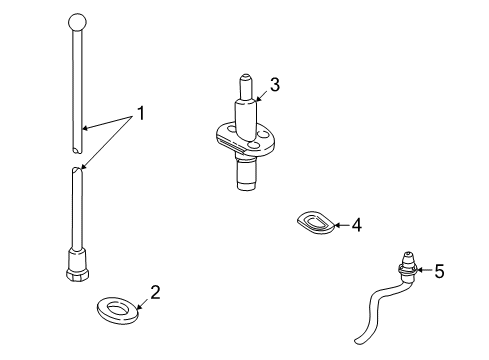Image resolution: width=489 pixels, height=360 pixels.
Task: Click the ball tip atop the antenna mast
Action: coord(77,23)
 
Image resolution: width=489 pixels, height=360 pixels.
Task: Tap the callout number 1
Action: coord(141,113)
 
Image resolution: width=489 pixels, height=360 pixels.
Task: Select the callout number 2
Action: coord(155,292)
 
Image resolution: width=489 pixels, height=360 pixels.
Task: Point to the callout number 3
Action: coord(275,85)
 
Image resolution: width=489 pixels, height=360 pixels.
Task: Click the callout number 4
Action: coord(357,225)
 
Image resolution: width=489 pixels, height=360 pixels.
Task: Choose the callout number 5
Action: coord(440,271)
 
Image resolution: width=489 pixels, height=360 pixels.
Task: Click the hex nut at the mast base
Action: coord(78,275)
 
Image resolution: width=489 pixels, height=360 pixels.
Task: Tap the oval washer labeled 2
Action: coord(118,311)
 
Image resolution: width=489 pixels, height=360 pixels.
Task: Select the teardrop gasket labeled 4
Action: coord(315,222)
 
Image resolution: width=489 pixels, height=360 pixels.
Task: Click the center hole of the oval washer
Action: coord(117,308)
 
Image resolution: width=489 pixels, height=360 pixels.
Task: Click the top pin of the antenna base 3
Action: coord(245,86)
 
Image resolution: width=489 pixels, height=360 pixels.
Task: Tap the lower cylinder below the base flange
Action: coord(247,174)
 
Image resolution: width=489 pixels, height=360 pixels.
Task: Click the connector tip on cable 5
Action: coord(409,258)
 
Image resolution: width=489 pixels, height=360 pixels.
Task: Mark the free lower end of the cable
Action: coord(358,341)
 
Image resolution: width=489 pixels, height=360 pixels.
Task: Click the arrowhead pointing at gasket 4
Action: coord(336,225)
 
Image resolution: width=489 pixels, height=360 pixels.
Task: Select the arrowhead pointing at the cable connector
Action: coord(419,270)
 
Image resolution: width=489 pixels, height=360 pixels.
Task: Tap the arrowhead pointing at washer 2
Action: coord(138,307)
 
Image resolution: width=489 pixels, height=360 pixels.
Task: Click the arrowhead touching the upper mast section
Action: coord(85,128)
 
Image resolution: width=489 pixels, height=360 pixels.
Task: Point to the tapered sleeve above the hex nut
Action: coord(77,259)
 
